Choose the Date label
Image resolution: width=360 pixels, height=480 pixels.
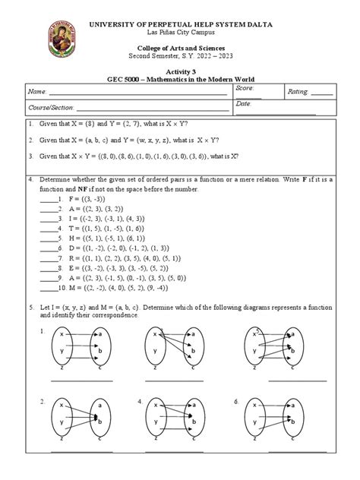click(x=243, y=103)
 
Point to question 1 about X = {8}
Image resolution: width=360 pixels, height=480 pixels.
click(x=114, y=123)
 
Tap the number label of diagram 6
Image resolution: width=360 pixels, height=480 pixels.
click(x=236, y=401)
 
